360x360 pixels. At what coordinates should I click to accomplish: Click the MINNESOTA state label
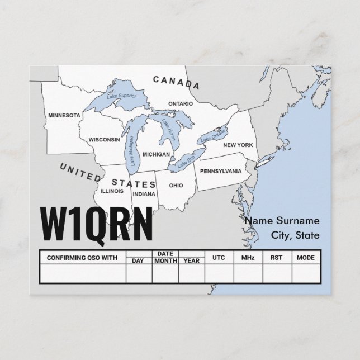click(64, 116)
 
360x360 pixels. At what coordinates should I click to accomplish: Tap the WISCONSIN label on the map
click(104, 139)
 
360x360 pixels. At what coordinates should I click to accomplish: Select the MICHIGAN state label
click(156, 154)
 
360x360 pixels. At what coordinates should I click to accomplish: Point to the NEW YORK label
click(238, 145)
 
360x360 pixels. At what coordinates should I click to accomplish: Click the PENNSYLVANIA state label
click(221, 170)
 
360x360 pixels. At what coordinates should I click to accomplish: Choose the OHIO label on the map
click(176, 185)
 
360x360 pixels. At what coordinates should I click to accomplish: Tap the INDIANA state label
click(144, 194)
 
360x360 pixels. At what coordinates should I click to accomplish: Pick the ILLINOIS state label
click(112, 190)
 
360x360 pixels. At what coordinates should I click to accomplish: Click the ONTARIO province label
click(181, 104)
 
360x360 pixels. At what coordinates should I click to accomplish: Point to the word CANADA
click(176, 82)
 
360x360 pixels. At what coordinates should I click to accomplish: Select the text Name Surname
click(282, 221)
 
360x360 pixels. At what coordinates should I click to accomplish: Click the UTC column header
click(219, 258)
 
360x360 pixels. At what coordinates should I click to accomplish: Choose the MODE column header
click(305, 258)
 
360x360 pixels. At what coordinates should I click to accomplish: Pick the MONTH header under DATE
click(165, 261)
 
